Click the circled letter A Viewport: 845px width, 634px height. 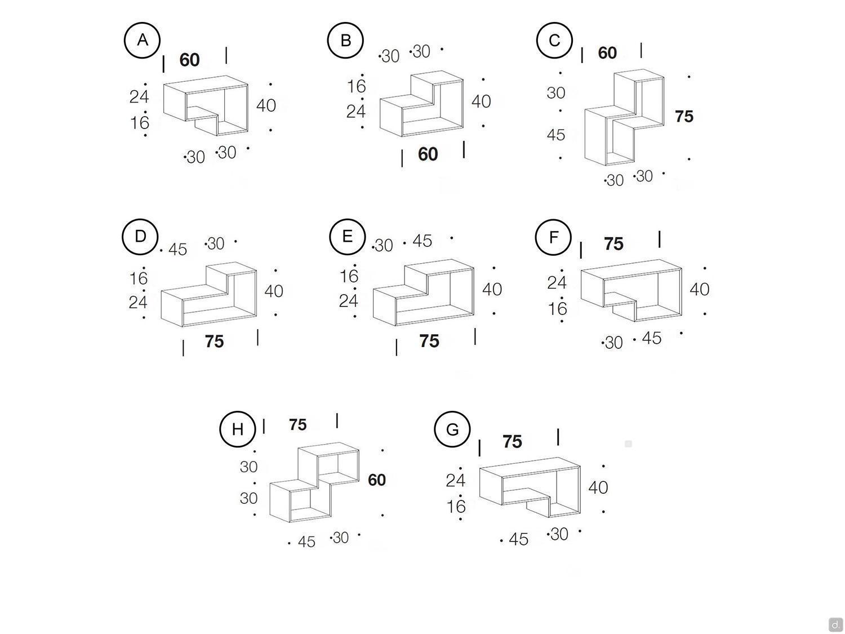tap(142, 40)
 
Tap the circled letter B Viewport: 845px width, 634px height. tap(345, 40)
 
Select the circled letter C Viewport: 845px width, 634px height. tap(554, 40)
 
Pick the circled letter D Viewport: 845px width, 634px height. tap(140, 236)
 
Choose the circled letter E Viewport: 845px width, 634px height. tap(347, 236)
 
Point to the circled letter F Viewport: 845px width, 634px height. tap(553, 237)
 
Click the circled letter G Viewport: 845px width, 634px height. tap(452, 429)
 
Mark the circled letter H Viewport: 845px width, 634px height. tap(238, 429)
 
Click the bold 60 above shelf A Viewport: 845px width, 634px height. tap(189, 60)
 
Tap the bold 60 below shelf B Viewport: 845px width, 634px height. tap(428, 154)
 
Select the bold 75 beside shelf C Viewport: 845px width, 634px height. tap(684, 117)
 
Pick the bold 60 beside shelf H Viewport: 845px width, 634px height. tap(376, 480)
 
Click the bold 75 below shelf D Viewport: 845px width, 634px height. tap(214, 342)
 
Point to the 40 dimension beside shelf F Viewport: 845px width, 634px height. tap(700, 289)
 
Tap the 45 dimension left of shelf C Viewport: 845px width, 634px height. tap(556, 135)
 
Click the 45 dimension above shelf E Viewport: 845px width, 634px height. tap(422, 241)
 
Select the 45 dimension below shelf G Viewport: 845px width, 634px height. tap(519, 539)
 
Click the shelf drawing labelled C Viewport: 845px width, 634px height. tap(624, 117)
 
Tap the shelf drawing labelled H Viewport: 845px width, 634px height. tap(314, 482)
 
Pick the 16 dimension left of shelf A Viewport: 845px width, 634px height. tap(139, 123)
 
